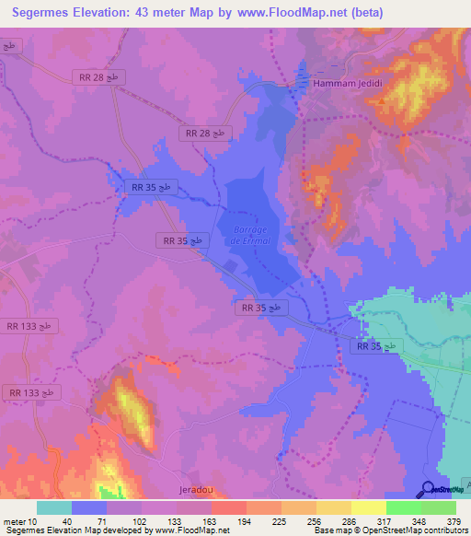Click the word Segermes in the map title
(x=51, y=13)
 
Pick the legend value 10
(x=33, y=520)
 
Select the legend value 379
(x=454, y=520)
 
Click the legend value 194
(x=245, y=520)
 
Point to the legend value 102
(x=140, y=520)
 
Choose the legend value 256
(x=315, y=520)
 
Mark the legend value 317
(x=385, y=520)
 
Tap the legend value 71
(x=105, y=520)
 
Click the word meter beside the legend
(x=14, y=520)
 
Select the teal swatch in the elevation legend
(x=53, y=507)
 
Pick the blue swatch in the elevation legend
(x=88, y=507)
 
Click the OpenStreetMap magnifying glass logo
(x=430, y=489)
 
